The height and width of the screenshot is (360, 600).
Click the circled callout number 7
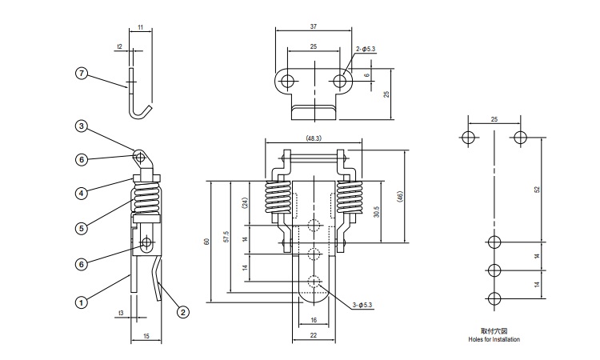click(81, 74)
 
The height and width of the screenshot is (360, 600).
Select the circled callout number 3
click(81, 126)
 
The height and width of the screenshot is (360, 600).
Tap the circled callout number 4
click(81, 192)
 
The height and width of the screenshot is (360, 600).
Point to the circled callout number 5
click(81, 228)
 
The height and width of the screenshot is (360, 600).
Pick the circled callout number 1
click(81, 302)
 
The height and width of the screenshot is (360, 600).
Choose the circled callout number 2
click(183, 312)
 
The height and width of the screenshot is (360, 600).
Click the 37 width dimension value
click(313, 26)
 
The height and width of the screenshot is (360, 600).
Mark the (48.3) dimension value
click(313, 138)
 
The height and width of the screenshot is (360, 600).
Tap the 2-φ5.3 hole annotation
click(366, 50)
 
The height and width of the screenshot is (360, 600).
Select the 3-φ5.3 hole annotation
click(364, 305)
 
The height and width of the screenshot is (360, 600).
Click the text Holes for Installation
click(494, 340)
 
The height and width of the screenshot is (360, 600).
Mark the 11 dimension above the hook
click(141, 27)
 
